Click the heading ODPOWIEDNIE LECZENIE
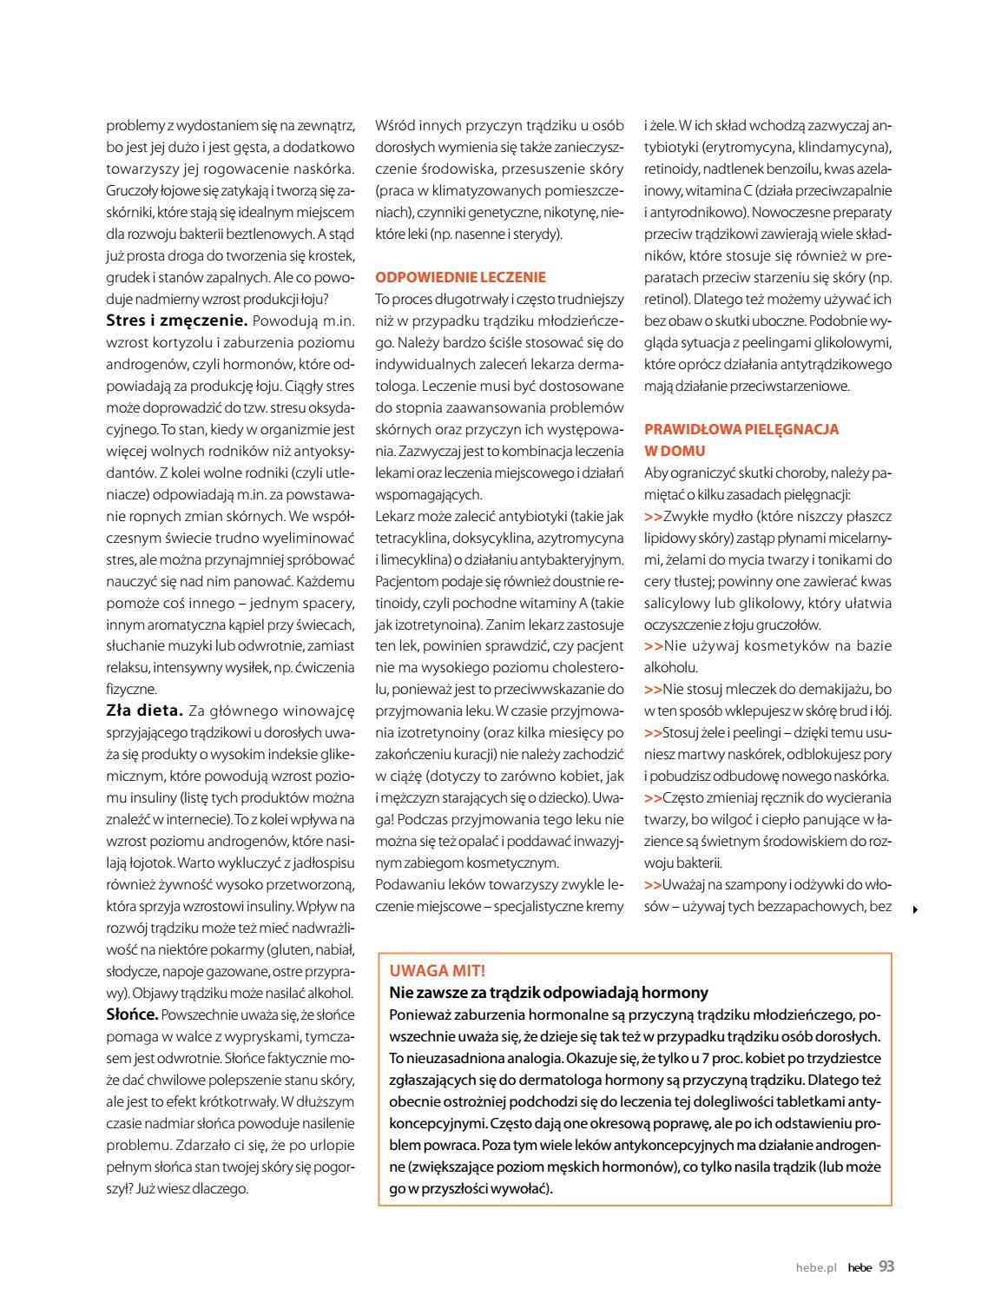460,277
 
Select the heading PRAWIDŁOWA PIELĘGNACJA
741,429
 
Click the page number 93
886,1266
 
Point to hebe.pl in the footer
815,1267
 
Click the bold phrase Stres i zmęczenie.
177,321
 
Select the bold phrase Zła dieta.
144,710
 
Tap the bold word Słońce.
132,1014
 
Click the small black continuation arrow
915,909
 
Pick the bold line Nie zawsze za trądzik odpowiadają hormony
549,992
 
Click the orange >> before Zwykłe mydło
653,516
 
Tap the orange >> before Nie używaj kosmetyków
653,646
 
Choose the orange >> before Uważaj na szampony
653,885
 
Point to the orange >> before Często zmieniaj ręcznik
653,798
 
